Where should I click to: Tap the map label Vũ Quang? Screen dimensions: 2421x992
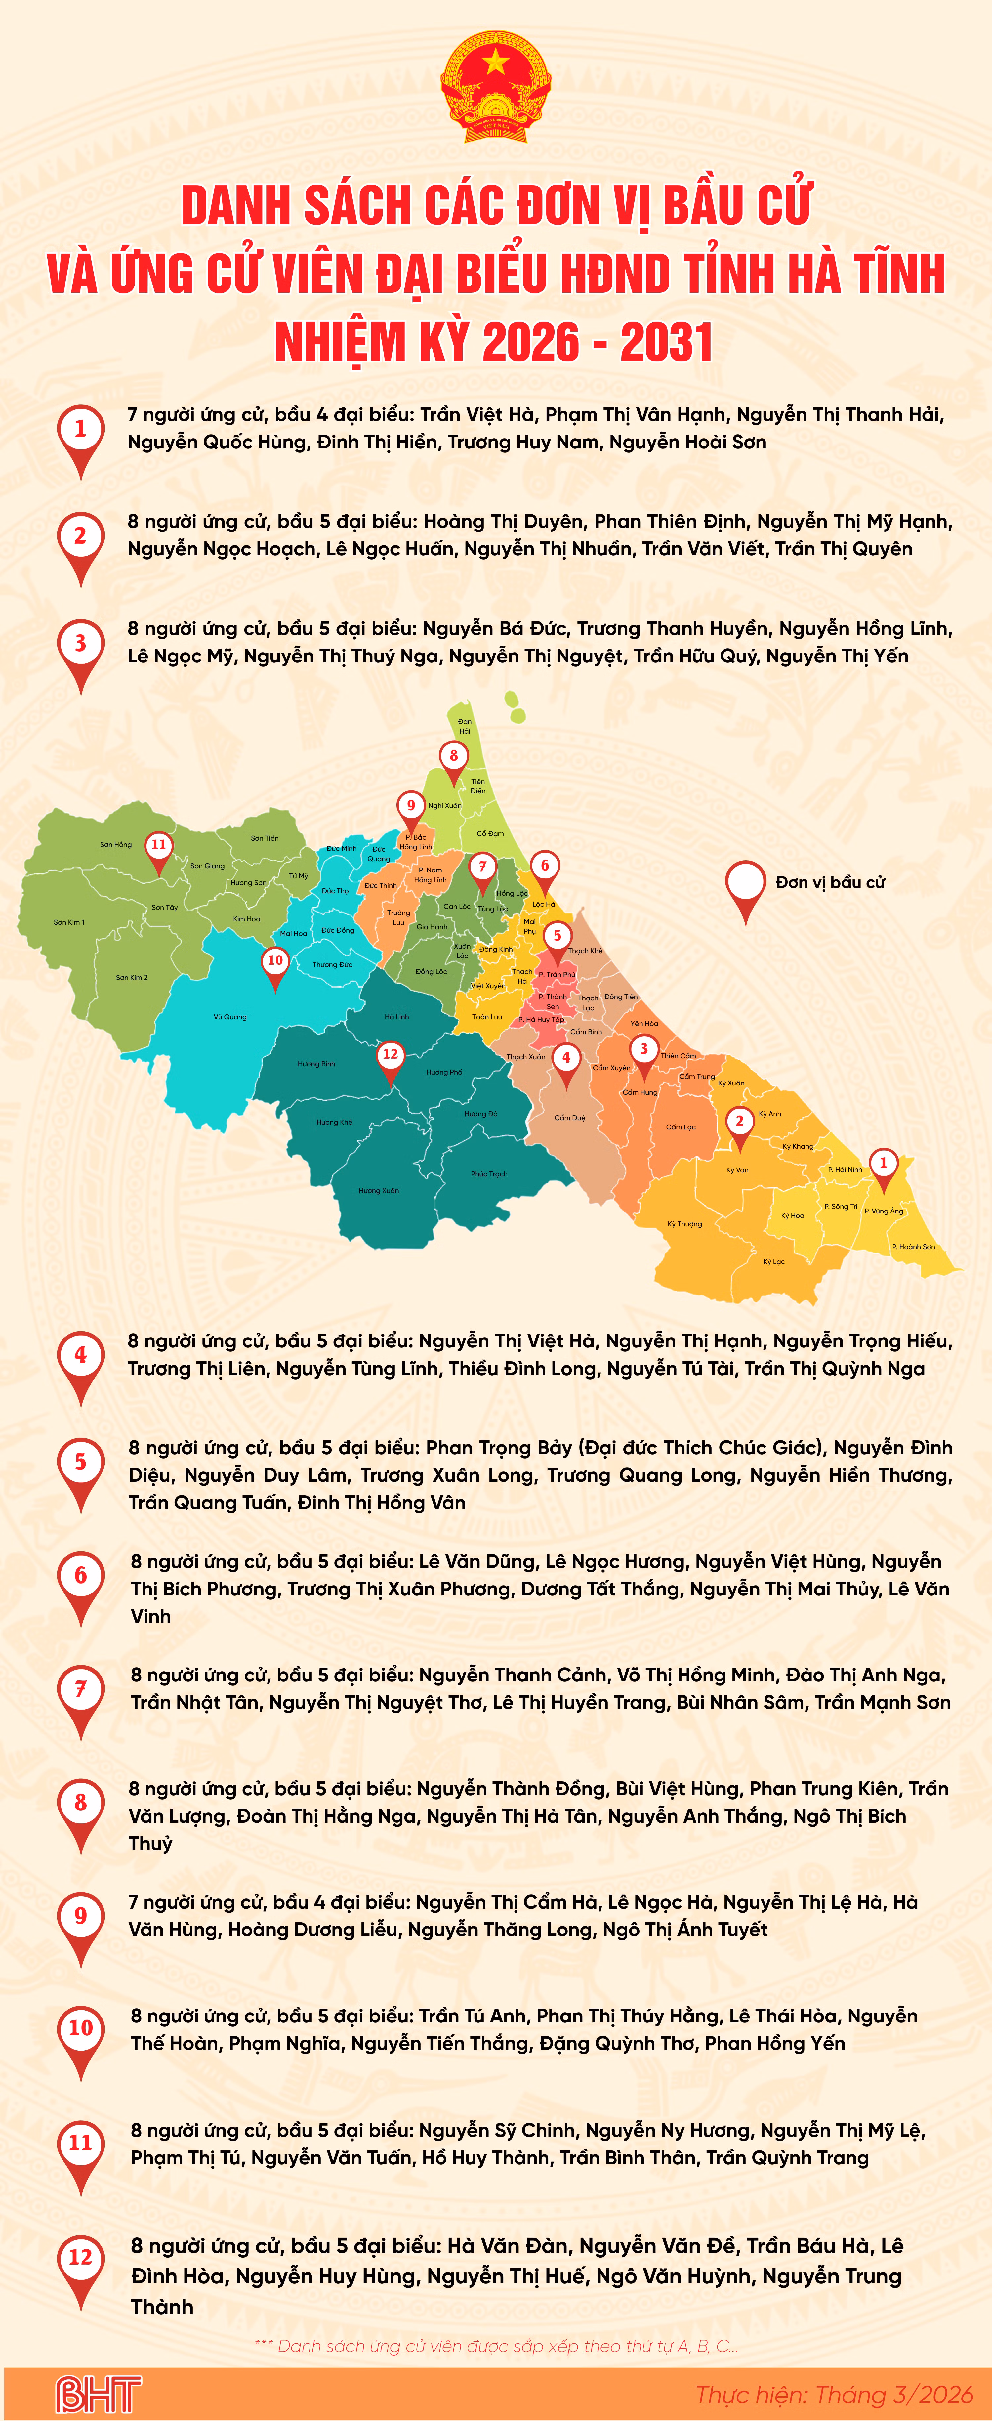click(x=230, y=1017)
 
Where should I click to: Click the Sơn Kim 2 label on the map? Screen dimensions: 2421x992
click(x=132, y=977)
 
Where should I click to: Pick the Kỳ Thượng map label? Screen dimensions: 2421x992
click(x=684, y=1224)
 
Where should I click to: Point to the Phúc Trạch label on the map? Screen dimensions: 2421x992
click(x=488, y=1174)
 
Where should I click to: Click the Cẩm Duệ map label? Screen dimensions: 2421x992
click(x=569, y=1118)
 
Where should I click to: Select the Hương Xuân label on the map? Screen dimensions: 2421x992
click(x=379, y=1191)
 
